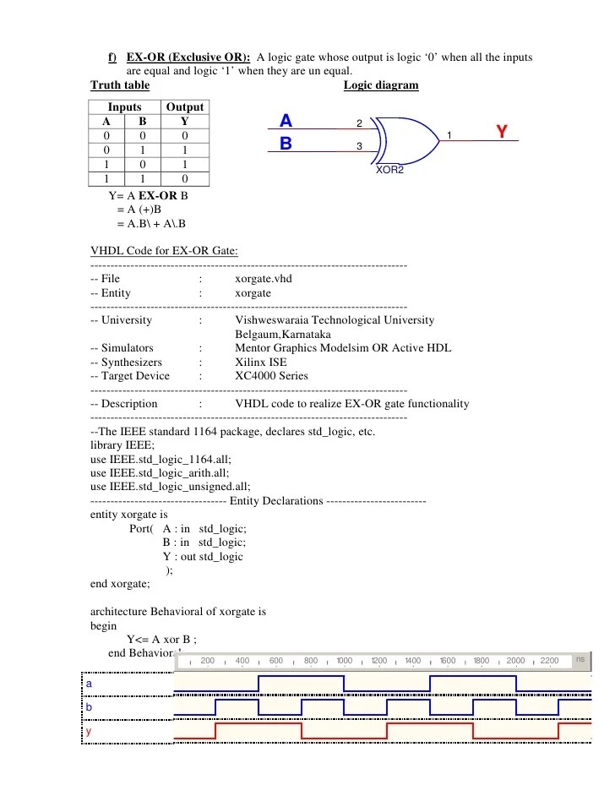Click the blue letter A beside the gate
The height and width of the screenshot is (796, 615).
click(286, 122)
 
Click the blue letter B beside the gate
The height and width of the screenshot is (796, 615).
click(286, 144)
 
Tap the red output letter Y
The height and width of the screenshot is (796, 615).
click(502, 132)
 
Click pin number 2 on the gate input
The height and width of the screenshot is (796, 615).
click(359, 124)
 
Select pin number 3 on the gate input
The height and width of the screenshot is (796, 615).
click(359, 147)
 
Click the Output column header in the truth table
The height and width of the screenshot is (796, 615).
click(184, 106)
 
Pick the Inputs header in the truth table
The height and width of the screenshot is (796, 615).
click(125, 106)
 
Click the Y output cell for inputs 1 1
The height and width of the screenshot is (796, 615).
click(184, 179)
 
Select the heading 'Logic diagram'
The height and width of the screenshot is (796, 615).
click(381, 85)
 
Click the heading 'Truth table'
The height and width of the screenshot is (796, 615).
click(120, 85)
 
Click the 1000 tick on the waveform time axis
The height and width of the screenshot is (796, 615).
click(344, 661)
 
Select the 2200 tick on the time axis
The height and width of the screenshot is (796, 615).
click(549, 661)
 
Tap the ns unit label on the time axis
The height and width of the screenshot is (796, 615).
click(580, 658)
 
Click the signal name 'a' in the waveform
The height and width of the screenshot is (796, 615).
click(89, 682)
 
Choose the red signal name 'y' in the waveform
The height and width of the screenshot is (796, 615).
click(89, 730)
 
